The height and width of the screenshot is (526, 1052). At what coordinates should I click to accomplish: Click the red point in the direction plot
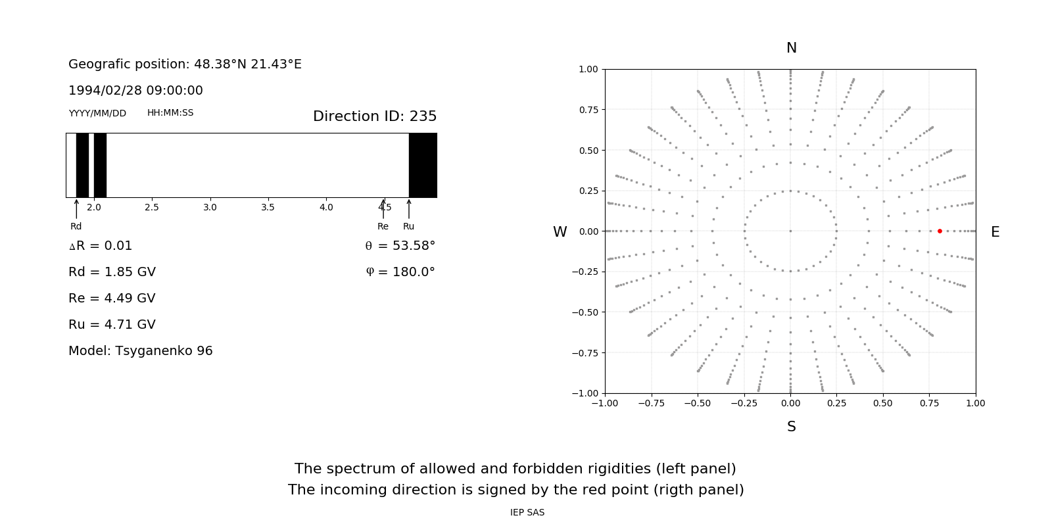tap(940, 231)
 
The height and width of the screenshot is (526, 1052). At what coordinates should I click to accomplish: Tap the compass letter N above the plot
tap(791, 48)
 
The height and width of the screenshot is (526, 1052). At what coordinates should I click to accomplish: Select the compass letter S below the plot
tap(791, 427)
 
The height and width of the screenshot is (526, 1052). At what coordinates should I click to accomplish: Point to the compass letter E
tap(995, 232)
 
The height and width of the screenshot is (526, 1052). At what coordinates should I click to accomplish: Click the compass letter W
tap(560, 232)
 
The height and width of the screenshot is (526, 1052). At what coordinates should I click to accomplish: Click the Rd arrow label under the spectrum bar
tap(76, 226)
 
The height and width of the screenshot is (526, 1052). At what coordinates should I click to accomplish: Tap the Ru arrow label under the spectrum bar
tap(408, 226)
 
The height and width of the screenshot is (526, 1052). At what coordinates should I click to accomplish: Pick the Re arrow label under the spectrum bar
tap(383, 226)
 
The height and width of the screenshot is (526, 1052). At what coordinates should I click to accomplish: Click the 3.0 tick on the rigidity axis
tap(210, 208)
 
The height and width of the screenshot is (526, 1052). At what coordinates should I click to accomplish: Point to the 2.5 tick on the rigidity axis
tap(152, 208)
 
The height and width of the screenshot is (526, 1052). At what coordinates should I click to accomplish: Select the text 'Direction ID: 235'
tap(375, 116)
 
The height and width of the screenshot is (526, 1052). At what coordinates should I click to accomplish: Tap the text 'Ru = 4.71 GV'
tap(112, 325)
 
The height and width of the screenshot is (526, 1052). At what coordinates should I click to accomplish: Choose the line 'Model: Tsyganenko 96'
tap(141, 351)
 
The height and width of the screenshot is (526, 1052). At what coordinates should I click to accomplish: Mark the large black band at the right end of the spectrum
tap(423, 165)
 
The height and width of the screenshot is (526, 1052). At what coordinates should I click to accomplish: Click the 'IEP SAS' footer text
tap(527, 513)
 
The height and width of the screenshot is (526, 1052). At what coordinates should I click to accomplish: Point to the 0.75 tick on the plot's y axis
tap(588, 110)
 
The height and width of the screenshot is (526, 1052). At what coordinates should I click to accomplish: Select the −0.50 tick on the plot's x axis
tap(698, 403)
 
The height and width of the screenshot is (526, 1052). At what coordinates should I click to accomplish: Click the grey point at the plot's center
tap(790, 231)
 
